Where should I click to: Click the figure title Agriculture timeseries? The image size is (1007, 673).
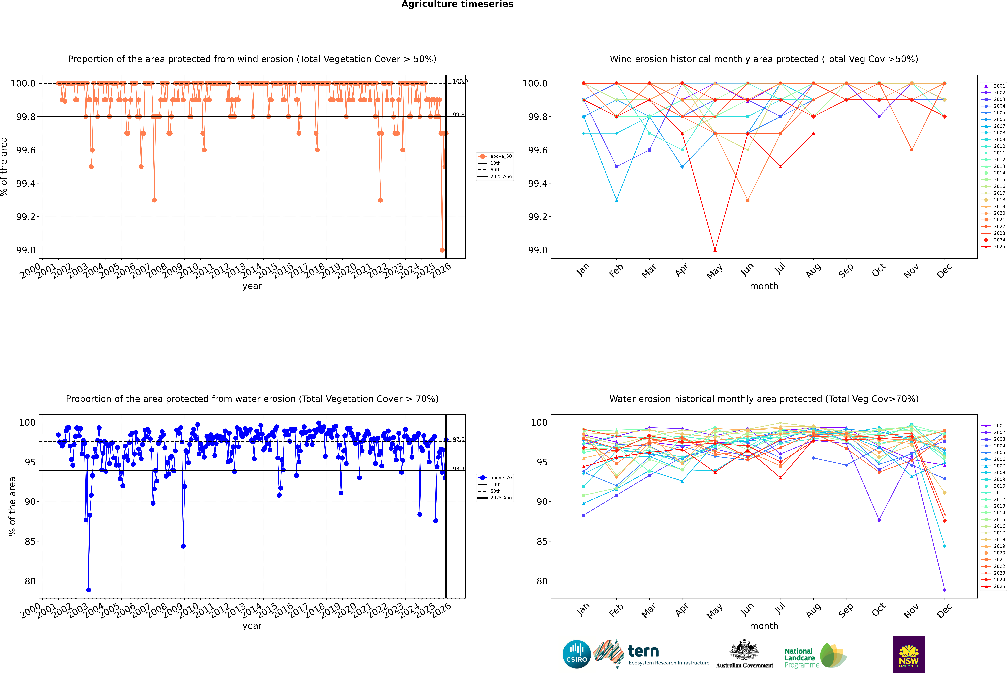[457, 4]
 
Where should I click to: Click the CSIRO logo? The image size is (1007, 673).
[577, 654]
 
